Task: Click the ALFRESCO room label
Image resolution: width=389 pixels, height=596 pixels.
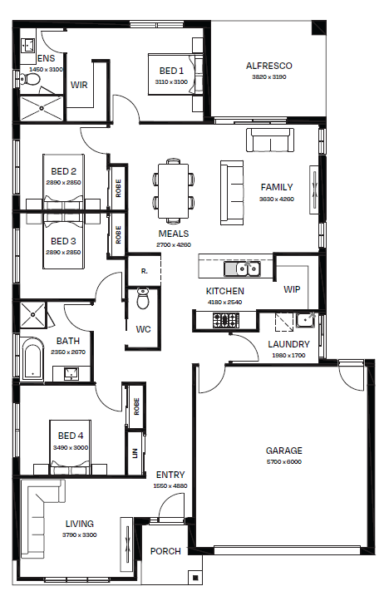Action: click(x=268, y=66)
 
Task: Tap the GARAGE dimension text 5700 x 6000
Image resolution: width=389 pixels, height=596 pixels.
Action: click(x=284, y=462)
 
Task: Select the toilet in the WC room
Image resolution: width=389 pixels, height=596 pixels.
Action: click(x=143, y=298)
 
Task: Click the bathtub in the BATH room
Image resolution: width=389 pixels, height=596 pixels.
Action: click(x=32, y=360)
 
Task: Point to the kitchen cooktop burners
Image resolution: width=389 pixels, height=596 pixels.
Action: click(x=226, y=320)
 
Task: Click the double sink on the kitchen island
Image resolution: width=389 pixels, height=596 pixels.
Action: click(x=248, y=268)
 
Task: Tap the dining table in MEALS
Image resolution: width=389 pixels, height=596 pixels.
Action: click(x=174, y=191)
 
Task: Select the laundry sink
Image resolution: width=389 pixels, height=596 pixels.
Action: click(x=305, y=320)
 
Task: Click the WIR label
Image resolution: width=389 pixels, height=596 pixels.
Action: click(x=79, y=85)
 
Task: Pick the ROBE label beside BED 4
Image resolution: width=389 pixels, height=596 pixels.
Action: click(x=136, y=406)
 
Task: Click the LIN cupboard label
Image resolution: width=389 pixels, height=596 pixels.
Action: click(x=135, y=454)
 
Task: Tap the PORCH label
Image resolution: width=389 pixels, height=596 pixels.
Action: click(x=165, y=551)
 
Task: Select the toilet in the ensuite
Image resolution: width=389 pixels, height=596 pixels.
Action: click(x=29, y=80)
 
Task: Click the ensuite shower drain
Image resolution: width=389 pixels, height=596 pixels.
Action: click(x=42, y=108)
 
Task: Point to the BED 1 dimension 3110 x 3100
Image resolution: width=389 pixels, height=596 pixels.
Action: click(x=171, y=81)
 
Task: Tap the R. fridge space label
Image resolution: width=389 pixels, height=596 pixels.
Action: click(x=144, y=271)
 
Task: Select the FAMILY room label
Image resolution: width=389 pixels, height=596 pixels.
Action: click(x=277, y=187)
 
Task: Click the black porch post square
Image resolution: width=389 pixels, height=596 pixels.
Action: click(x=195, y=579)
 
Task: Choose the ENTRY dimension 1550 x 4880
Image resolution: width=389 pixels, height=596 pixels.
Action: click(x=170, y=485)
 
